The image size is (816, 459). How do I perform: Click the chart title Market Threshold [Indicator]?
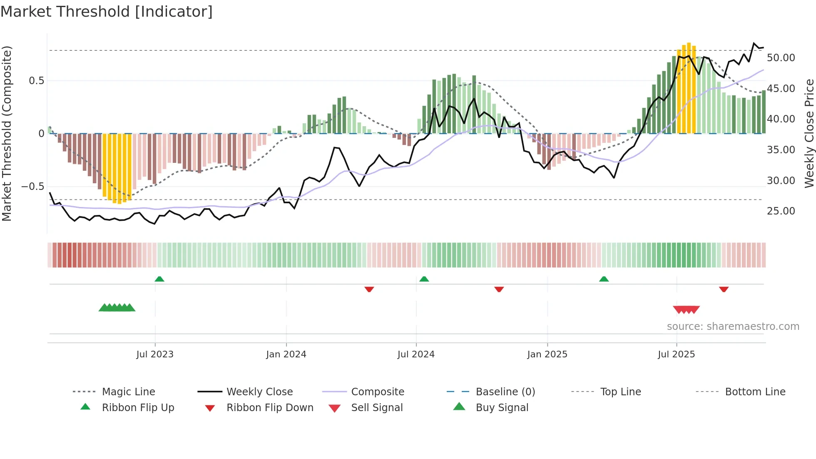pos(107,12)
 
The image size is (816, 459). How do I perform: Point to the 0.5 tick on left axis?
pos(36,81)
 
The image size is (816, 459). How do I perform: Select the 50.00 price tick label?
pos(781,58)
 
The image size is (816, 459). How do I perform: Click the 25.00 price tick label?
pos(781,211)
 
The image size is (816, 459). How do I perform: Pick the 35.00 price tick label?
pos(781,150)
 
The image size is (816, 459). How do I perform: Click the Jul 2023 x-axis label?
pos(155,354)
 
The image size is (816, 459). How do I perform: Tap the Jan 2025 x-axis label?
pos(547,354)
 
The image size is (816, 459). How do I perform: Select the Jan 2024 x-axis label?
pos(286,354)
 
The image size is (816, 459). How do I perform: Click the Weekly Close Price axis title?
pos(809,133)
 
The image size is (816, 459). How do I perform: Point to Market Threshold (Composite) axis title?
pos(7,133)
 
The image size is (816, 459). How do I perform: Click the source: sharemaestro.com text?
pos(733,327)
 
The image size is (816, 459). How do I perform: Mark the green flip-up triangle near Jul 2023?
pos(159,279)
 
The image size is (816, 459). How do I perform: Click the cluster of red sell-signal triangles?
pos(686,309)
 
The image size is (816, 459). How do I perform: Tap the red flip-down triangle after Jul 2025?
pos(724,289)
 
